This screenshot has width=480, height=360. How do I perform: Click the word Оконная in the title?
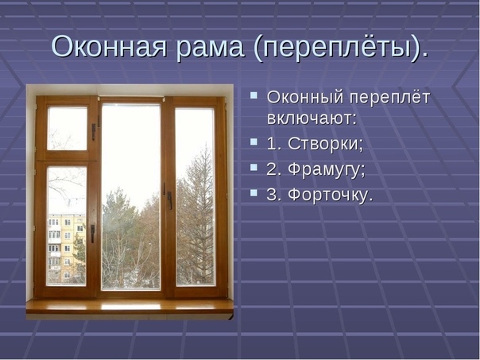(x=109, y=47)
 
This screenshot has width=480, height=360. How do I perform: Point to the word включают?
(x=312, y=118)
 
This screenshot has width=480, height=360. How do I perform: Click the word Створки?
(x=325, y=144)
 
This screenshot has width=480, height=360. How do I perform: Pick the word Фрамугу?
(x=327, y=170)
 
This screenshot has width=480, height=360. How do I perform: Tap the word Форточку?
(x=331, y=195)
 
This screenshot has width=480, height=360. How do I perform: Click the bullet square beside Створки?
(x=254, y=141)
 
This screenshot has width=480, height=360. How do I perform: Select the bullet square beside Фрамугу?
(x=254, y=167)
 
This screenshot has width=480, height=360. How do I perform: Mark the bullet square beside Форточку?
(x=254, y=192)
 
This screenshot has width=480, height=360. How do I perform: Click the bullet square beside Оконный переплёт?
(x=254, y=95)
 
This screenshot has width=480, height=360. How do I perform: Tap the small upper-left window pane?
(x=68, y=129)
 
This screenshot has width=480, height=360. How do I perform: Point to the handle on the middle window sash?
(x=169, y=199)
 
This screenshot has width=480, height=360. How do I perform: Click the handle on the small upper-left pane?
(x=94, y=132)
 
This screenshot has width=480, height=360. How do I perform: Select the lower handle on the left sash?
(x=92, y=234)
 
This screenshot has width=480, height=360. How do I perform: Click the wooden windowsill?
(x=130, y=307)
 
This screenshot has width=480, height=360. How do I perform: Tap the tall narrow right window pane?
(x=195, y=197)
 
